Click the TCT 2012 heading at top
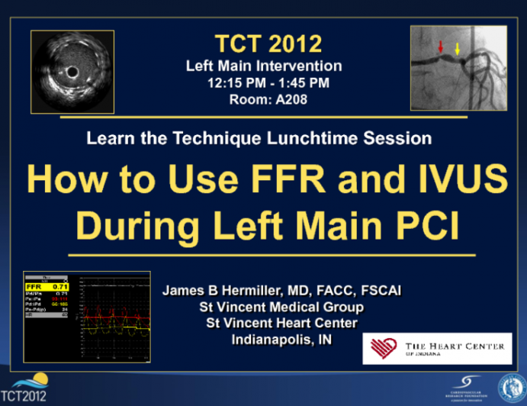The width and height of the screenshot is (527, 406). (263, 43)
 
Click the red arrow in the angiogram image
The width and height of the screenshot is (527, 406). (439, 47)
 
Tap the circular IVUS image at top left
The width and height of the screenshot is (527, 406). (72, 72)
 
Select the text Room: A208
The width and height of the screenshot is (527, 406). (263, 98)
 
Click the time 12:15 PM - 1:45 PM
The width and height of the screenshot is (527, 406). (263, 82)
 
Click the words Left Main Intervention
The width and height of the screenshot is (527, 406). (263, 66)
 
